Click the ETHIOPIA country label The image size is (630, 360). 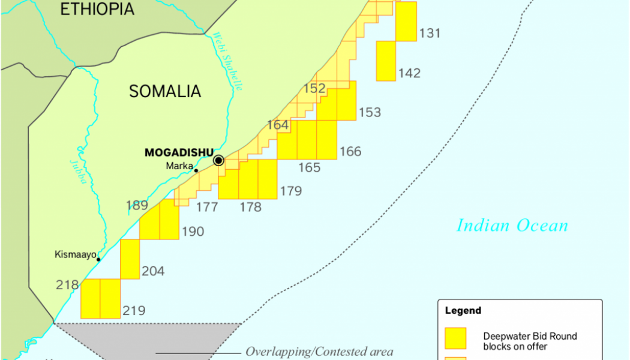pyautogui.click(x=97, y=9)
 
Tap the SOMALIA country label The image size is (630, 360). pyautogui.click(x=165, y=91)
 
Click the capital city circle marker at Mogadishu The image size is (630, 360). pyautogui.click(x=218, y=160)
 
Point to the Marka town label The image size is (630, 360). pyautogui.click(x=180, y=166)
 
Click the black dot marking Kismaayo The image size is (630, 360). pyautogui.click(x=98, y=259)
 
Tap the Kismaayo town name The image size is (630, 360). pyautogui.click(x=76, y=255)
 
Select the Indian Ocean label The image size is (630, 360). pyautogui.click(x=512, y=226)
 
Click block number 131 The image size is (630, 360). pyautogui.click(x=430, y=34)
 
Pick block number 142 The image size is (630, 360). pyautogui.click(x=409, y=74)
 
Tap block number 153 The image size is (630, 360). pyautogui.click(x=370, y=113)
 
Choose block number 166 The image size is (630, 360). pyautogui.click(x=350, y=152)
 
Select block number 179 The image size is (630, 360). pyautogui.click(x=290, y=192)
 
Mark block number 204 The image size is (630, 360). pyautogui.click(x=153, y=272)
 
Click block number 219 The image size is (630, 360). pyautogui.click(x=134, y=311)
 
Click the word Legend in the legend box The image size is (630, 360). pyautogui.click(x=463, y=311)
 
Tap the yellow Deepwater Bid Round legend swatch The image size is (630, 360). pyautogui.click(x=456, y=338)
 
